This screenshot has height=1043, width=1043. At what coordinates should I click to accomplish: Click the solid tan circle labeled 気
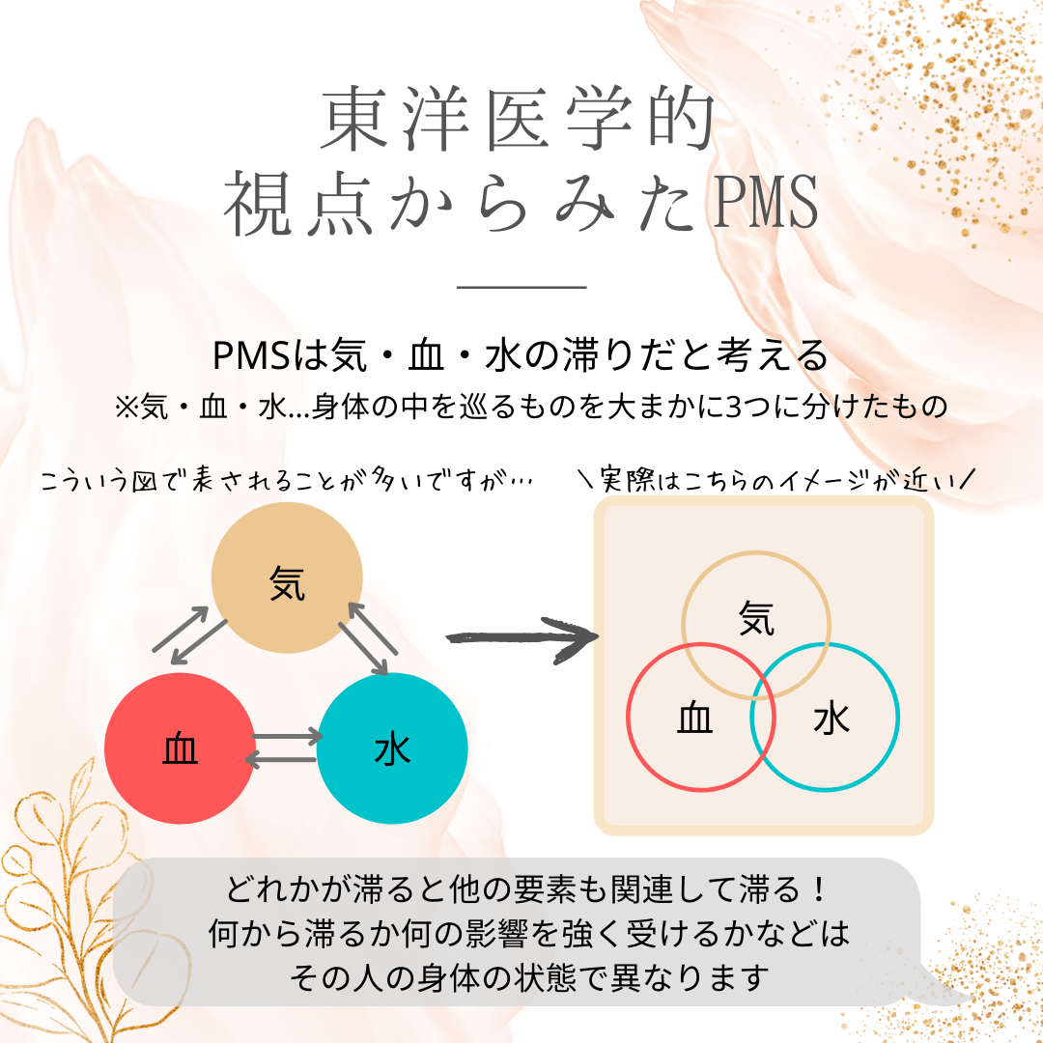[x=287, y=578]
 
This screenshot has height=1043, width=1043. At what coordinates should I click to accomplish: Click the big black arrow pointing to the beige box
[x=521, y=639]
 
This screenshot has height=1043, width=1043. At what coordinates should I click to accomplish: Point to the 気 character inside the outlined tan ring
[x=756, y=618]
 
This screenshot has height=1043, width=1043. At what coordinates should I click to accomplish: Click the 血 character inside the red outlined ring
[x=695, y=719]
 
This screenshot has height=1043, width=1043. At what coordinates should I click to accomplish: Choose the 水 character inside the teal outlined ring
[x=832, y=719]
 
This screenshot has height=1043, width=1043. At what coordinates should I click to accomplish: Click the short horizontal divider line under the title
[x=521, y=287]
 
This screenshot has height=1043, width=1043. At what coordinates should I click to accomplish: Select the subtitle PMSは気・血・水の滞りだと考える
[x=521, y=356]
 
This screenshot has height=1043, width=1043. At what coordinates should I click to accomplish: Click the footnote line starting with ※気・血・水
[x=528, y=407]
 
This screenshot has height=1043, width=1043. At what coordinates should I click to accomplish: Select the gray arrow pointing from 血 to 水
[x=288, y=738]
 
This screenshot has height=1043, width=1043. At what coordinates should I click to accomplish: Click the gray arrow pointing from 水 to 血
[x=282, y=760]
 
